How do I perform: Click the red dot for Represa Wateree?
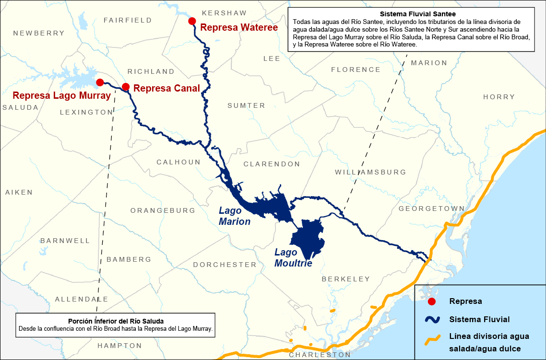click(x=192, y=21)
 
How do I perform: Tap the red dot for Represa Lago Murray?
click(x=100, y=82)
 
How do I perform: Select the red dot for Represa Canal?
click(x=126, y=87)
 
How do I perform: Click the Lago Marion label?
click(x=235, y=216)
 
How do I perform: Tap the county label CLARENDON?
click(x=272, y=164)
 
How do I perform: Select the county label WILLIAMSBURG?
click(x=370, y=172)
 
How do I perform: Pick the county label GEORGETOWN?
click(x=431, y=209)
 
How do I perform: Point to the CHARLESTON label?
click(x=320, y=355)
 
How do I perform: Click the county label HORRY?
click(x=499, y=97)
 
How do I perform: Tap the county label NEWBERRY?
click(x=39, y=33)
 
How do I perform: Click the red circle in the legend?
click(x=431, y=302)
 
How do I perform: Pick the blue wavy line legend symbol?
click(x=431, y=319)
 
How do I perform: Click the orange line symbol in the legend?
click(x=431, y=340)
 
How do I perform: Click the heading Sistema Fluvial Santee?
click(x=410, y=14)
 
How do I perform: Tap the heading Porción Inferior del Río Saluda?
click(x=115, y=321)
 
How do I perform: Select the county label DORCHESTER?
click(x=225, y=265)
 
